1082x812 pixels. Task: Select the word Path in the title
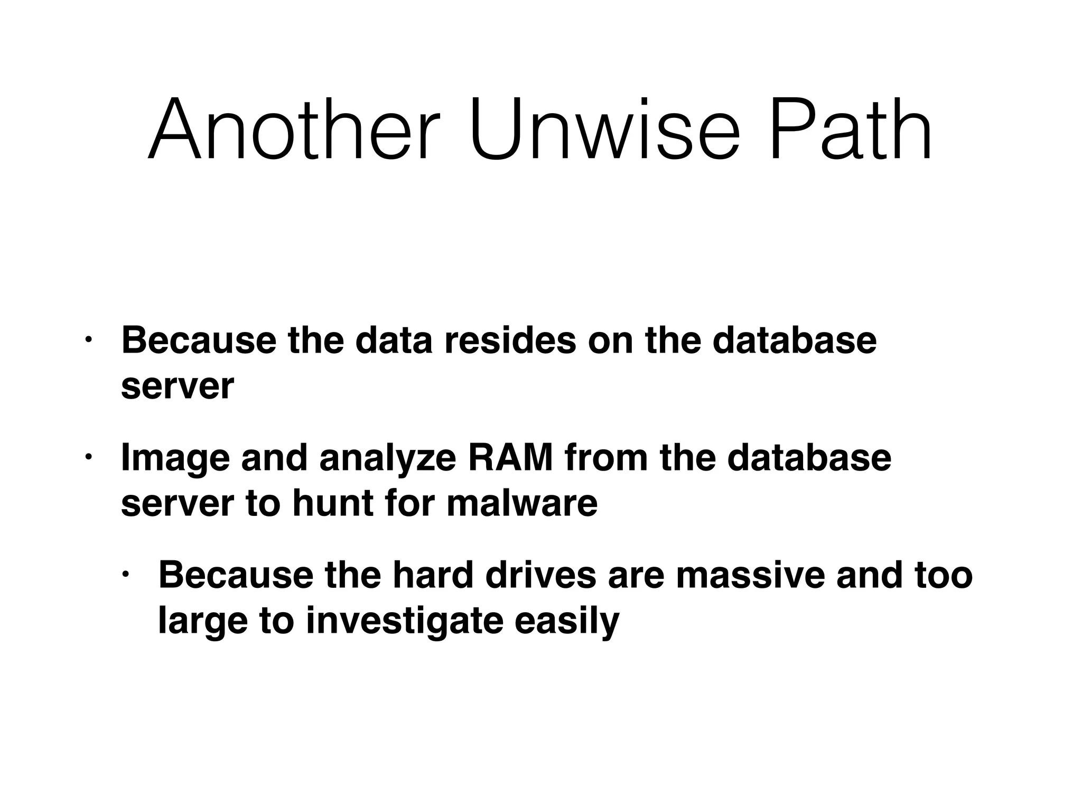coord(851,130)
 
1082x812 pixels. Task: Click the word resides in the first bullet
coord(510,340)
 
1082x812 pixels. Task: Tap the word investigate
coord(404,621)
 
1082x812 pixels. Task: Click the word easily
coord(567,621)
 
